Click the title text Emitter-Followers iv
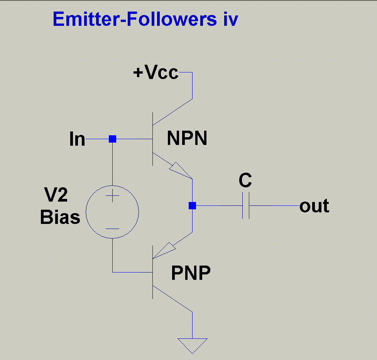[145, 19]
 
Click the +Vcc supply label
[156, 72]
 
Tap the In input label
[77, 139]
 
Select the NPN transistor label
[187, 138]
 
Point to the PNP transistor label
[191, 274]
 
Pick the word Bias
[60, 218]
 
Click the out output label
[314, 206]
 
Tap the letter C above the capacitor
[245, 180]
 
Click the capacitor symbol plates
[246, 206]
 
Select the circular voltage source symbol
[112, 212]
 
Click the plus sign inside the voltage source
[112, 197]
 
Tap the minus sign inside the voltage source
[112, 228]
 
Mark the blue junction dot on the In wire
[112, 139]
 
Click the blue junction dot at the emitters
[192, 206]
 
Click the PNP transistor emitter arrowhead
[164, 250]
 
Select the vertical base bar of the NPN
[153, 139]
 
